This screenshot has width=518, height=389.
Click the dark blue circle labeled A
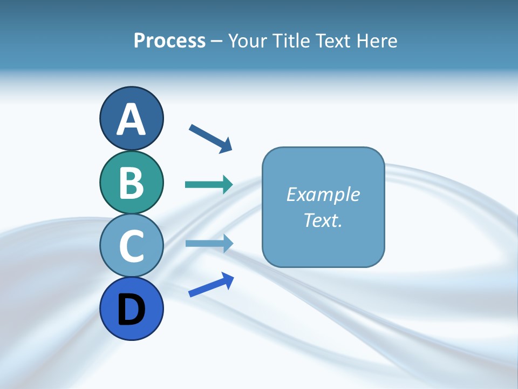click(131, 118)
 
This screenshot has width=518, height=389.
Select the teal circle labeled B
click(131, 182)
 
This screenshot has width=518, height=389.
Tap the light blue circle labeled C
click(131, 245)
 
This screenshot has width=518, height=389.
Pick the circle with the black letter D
click(131, 308)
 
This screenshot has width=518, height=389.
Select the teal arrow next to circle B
click(208, 185)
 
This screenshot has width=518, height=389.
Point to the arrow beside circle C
click(208, 243)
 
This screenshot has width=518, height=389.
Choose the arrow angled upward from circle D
click(211, 285)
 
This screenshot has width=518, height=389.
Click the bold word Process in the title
click(169, 41)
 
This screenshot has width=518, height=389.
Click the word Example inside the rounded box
click(323, 194)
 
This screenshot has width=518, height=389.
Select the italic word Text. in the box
click(323, 220)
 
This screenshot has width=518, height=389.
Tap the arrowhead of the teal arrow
click(227, 185)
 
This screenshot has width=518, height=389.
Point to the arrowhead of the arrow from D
click(228, 280)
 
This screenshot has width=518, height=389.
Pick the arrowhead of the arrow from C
click(227, 243)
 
